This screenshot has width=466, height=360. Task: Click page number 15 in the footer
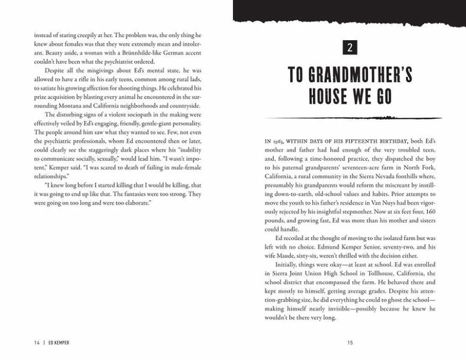[349, 343]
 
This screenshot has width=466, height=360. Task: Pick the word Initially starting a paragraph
[288, 264]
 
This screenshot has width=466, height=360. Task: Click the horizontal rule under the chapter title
[349, 118]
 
